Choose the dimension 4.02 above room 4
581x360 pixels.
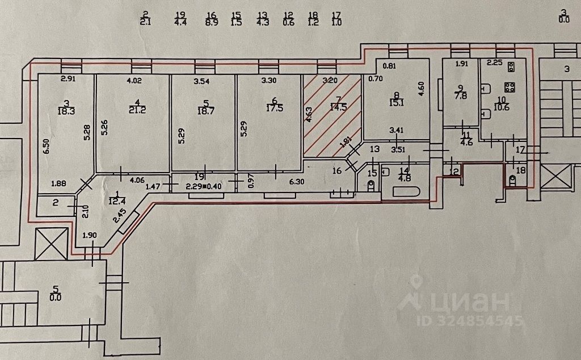(134, 81)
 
